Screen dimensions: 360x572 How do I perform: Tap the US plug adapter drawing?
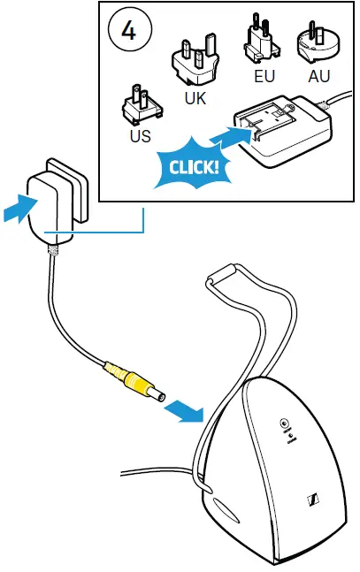[x=142, y=104]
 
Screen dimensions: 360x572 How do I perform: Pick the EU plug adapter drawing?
[x=262, y=38]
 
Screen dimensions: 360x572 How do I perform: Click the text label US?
[x=141, y=135]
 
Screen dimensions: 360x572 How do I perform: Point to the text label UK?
[x=195, y=98]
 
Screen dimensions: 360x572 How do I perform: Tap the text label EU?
[x=264, y=77]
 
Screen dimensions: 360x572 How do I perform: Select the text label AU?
[x=319, y=77]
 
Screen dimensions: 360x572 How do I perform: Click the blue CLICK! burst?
[x=194, y=166]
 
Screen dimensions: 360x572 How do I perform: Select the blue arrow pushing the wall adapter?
[x=21, y=208]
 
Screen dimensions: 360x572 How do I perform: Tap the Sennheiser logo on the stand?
[x=314, y=500]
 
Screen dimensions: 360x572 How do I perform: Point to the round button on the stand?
[x=284, y=423]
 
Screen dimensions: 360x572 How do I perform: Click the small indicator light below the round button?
[x=290, y=435]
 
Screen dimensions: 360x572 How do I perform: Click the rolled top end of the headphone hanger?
[x=221, y=273]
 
